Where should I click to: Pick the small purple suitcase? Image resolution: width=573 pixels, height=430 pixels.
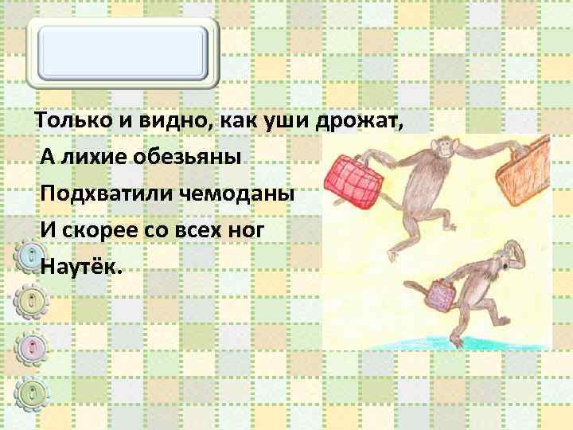coord(435,298)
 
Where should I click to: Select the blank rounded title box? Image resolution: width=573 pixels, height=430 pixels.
coord(123,51)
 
